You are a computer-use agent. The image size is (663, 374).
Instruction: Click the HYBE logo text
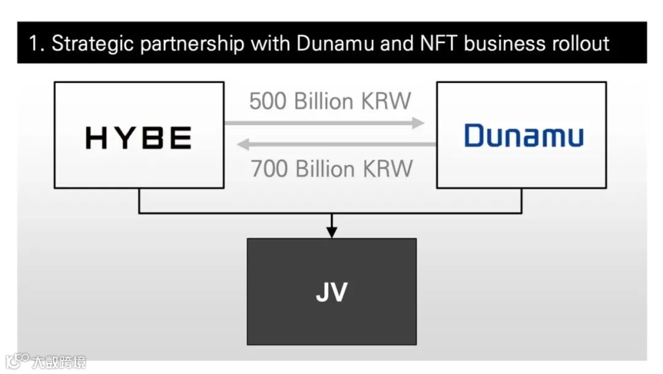(138, 138)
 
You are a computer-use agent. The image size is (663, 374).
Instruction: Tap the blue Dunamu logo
(524, 135)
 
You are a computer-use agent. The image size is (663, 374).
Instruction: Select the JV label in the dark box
(331, 292)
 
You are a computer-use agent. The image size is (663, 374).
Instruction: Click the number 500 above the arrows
(268, 101)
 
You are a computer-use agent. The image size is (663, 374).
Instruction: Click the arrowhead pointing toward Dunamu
(418, 123)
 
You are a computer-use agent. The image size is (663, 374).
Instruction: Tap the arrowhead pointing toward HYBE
(244, 145)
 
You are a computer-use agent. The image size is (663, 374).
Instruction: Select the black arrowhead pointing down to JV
(331, 232)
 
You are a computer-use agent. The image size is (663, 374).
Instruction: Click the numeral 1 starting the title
(34, 44)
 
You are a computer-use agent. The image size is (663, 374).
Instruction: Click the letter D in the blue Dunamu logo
(475, 135)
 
